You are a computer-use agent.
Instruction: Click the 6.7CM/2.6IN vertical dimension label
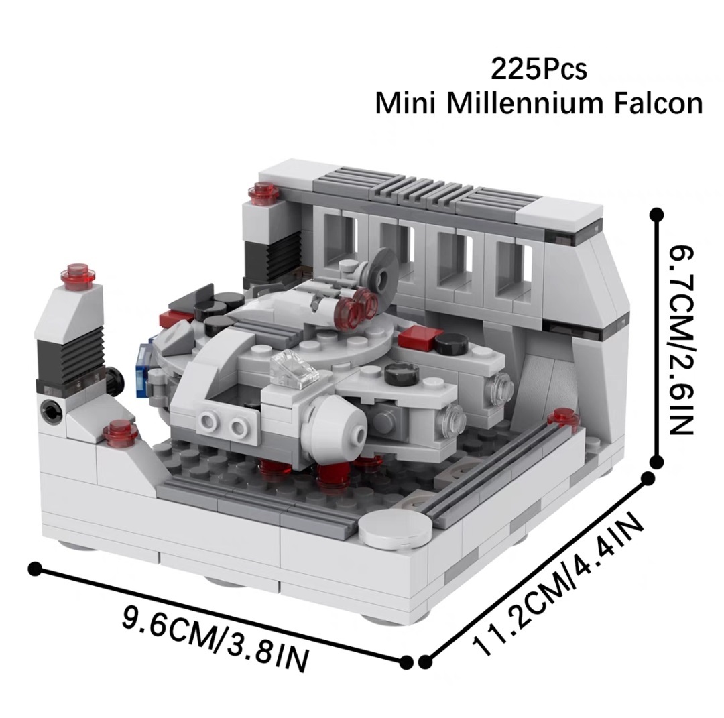click(x=677, y=339)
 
